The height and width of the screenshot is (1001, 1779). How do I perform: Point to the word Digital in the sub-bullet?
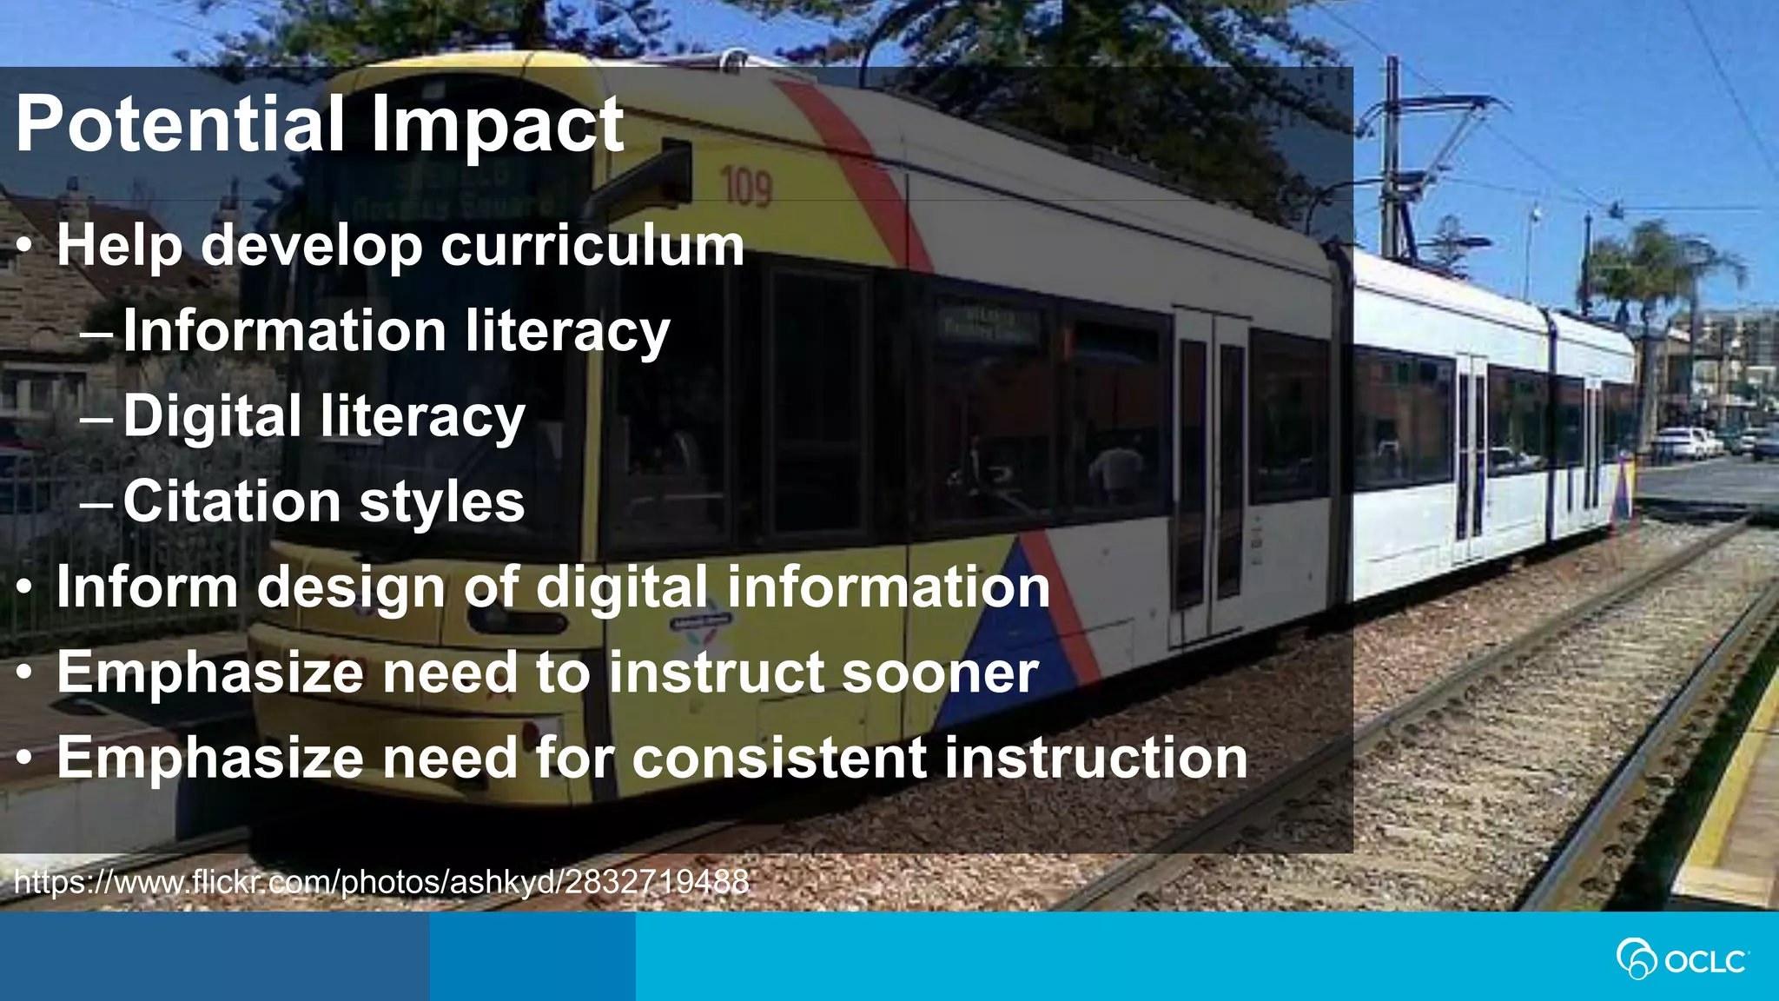[212, 416]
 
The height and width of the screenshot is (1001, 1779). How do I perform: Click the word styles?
[442, 501]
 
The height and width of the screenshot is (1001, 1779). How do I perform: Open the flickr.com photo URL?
[381, 882]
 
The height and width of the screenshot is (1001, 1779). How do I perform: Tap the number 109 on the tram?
[746, 188]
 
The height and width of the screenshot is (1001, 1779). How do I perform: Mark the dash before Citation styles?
[96, 503]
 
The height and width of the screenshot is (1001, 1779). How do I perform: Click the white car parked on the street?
[1683, 443]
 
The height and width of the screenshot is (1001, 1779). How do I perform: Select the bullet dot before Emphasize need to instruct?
[25, 673]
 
